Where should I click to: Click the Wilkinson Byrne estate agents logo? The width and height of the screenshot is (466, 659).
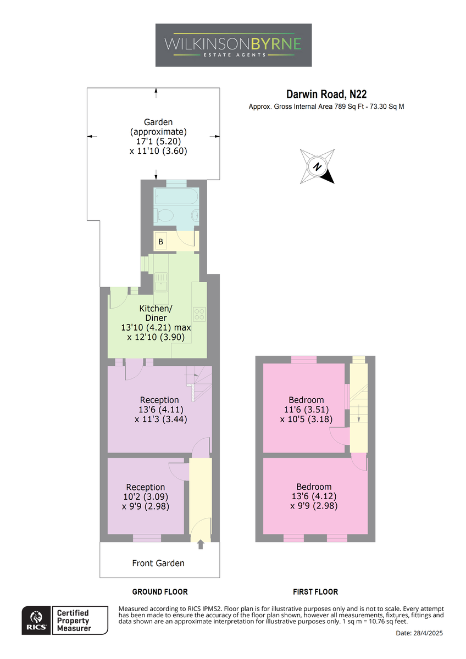tap(234, 45)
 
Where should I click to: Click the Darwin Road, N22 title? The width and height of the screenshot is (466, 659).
tap(326, 94)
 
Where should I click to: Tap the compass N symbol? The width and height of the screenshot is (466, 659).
tap(317, 166)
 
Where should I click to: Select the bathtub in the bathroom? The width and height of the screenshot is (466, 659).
tap(176, 196)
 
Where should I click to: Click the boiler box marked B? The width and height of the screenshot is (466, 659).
tap(160, 241)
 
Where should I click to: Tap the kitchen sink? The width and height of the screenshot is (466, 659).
tap(161, 282)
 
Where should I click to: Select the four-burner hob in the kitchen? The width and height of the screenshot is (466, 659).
tap(199, 314)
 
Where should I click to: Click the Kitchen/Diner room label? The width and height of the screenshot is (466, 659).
tap(156, 313)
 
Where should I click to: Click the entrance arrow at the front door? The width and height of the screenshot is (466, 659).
tap(201, 544)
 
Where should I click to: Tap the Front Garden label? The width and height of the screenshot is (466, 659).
tap(158, 563)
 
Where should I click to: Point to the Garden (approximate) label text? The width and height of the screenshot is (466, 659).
tap(158, 126)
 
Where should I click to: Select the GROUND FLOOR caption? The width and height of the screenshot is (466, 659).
tap(160, 591)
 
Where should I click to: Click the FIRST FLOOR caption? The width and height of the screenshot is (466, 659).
tap(315, 591)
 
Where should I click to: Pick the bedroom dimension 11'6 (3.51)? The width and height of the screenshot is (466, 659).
tap(306, 409)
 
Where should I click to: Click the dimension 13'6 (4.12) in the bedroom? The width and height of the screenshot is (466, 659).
tap(314, 496)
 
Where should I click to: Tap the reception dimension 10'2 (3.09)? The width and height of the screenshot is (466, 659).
tap(146, 496)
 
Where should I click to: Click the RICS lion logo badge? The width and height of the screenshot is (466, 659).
tap(36, 620)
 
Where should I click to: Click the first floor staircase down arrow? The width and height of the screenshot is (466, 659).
tap(358, 413)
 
